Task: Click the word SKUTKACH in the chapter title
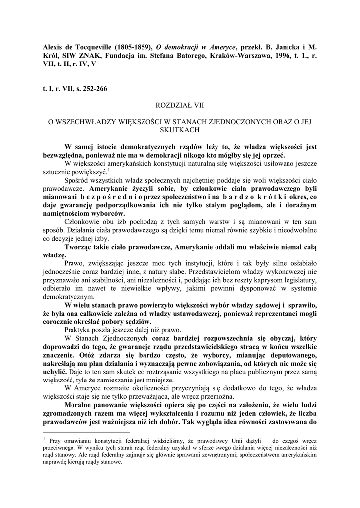click(180, 130)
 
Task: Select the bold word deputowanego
click(290, 356)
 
